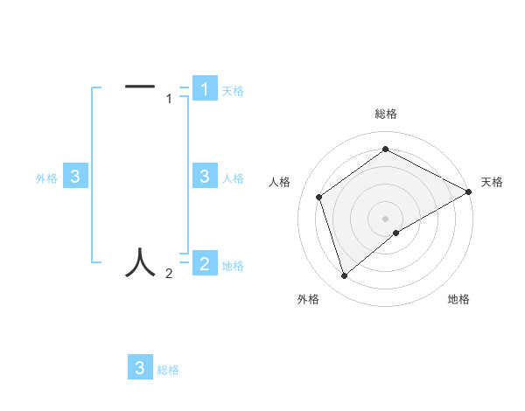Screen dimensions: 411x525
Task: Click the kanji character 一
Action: [140, 86]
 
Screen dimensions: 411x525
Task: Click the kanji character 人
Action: [140, 261]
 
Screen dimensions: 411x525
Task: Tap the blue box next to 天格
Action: [205, 89]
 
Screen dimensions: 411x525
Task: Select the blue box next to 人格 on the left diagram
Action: [205, 177]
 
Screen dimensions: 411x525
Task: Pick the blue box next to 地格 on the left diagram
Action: [205, 263]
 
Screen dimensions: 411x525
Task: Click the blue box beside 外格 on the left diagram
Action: [75, 177]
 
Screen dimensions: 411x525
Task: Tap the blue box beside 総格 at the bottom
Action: [140, 368]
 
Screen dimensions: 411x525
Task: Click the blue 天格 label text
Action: [232, 90]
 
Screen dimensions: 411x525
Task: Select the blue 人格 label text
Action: [232, 178]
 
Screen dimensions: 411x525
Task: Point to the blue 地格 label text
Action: [232, 265]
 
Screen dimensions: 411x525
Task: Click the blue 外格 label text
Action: [46, 178]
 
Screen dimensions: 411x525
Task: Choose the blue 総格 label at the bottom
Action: [168, 370]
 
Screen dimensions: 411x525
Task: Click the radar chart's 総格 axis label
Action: [386, 114]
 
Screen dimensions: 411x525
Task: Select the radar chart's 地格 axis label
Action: [458, 299]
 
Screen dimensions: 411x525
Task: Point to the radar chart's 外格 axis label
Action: [308, 299]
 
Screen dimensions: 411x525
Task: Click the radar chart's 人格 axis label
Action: [279, 182]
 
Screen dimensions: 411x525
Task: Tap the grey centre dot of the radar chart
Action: [386, 218]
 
